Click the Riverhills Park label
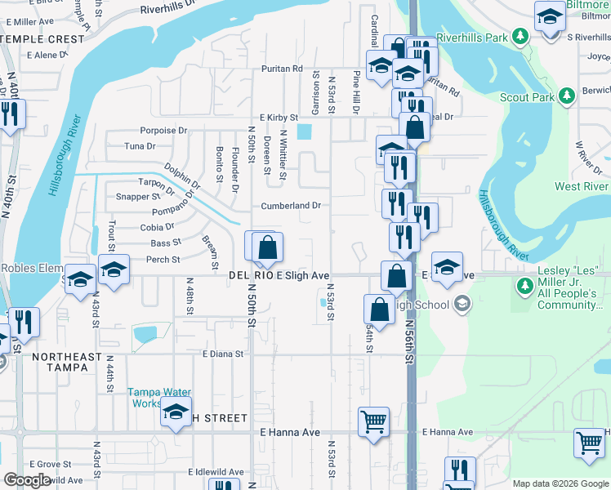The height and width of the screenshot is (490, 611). [473, 38]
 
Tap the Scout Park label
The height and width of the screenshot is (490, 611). [527, 96]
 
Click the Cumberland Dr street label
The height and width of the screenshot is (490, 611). [291, 206]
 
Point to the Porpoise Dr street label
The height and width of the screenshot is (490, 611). [163, 130]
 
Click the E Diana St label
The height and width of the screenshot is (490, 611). [223, 354]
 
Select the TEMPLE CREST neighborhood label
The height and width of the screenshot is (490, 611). [42, 38]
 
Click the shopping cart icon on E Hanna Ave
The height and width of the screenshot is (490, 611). [374, 422]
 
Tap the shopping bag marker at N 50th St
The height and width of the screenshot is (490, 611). [268, 247]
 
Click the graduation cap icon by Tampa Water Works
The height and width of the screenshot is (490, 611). [176, 414]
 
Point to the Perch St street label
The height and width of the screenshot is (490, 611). [163, 260]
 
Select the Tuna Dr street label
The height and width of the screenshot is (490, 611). [139, 146]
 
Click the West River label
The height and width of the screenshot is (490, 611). [581, 186]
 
